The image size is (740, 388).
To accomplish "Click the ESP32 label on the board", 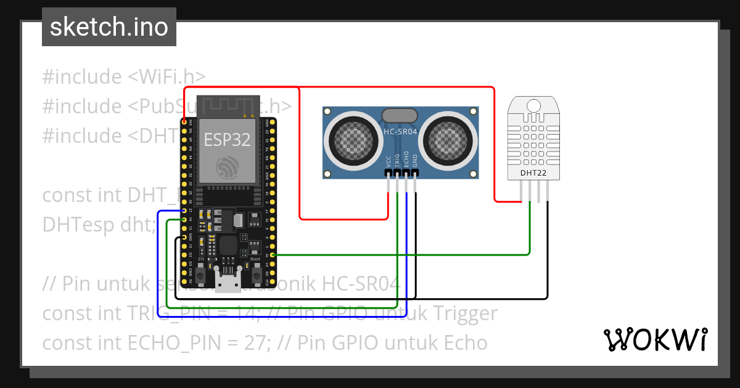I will point(227,140).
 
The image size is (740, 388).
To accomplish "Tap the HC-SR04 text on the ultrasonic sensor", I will point(401,132).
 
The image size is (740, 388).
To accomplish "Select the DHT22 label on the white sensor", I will point(533,173).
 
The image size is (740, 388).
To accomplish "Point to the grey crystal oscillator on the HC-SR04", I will point(400,115).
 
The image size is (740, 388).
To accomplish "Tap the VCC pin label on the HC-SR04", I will point(388,161).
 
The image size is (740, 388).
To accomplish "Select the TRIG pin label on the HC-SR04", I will point(397,160).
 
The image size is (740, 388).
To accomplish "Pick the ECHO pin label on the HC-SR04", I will point(406,160).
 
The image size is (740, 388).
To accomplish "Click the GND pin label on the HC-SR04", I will point(415,161).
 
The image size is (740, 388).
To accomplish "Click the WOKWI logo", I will point(654,339).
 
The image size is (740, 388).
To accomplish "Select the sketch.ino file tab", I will point(109,27).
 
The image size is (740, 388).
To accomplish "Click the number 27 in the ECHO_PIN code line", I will point(254,342).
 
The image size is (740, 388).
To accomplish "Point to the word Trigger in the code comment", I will point(458,313).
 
